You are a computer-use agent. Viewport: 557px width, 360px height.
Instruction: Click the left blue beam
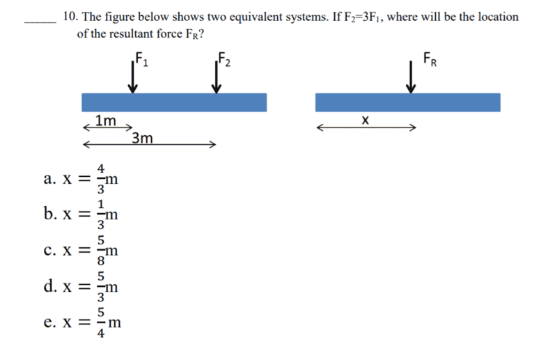pyautogui.click(x=174, y=102)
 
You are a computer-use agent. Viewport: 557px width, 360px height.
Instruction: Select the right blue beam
pyautogui.click(x=407, y=102)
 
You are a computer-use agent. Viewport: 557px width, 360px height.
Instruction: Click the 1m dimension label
pyautogui.click(x=106, y=120)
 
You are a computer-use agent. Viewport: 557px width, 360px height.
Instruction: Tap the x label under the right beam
pyautogui.click(x=365, y=121)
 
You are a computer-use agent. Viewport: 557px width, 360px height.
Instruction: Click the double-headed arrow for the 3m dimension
pyautogui.click(x=149, y=145)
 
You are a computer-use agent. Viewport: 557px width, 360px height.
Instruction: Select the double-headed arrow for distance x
pyautogui.click(x=366, y=128)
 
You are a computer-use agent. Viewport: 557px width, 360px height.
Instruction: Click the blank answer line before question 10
pyautogui.click(x=39, y=22)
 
